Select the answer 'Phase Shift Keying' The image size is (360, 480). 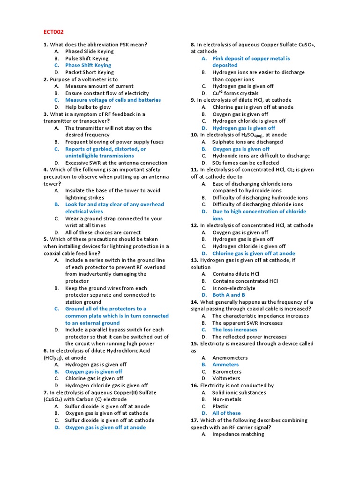click(88, 65)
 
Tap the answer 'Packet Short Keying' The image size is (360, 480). click(89, 72)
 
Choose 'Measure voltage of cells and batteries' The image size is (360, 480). click(112, 100)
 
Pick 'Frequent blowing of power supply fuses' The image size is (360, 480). click(114, 142)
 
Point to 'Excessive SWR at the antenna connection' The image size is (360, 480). click(116, 163)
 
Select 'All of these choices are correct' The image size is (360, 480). click(103, 232)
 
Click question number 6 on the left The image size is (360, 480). click(46, 351)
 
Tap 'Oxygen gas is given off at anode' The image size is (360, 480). click(105, 427)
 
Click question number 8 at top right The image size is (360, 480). click(193, 45)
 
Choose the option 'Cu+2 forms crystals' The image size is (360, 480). click(235, 93)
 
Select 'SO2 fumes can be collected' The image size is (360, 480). click(245, 163)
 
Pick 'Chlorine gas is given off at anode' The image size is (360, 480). click(254, 253)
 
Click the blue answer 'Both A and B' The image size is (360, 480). click(229, 295)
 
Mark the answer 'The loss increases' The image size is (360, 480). click(234, 330)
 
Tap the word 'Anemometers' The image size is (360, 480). click(230, 358)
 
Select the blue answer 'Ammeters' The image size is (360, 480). click(225, 364)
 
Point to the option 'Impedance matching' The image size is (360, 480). click(238, 434)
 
